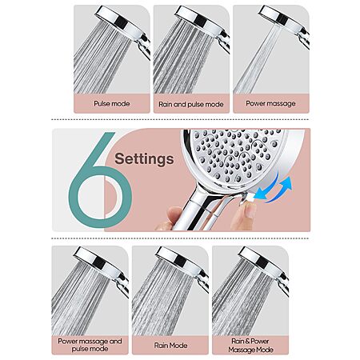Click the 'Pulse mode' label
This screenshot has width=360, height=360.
(112, 103)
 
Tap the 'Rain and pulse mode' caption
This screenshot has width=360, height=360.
(191, 104)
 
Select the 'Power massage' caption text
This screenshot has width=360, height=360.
(270, 103)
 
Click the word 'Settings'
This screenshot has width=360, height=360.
(144, 159)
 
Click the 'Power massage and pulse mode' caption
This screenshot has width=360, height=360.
(90, 345)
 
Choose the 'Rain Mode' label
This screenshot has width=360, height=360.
(170, 346)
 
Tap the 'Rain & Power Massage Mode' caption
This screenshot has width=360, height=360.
(250, 346)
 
